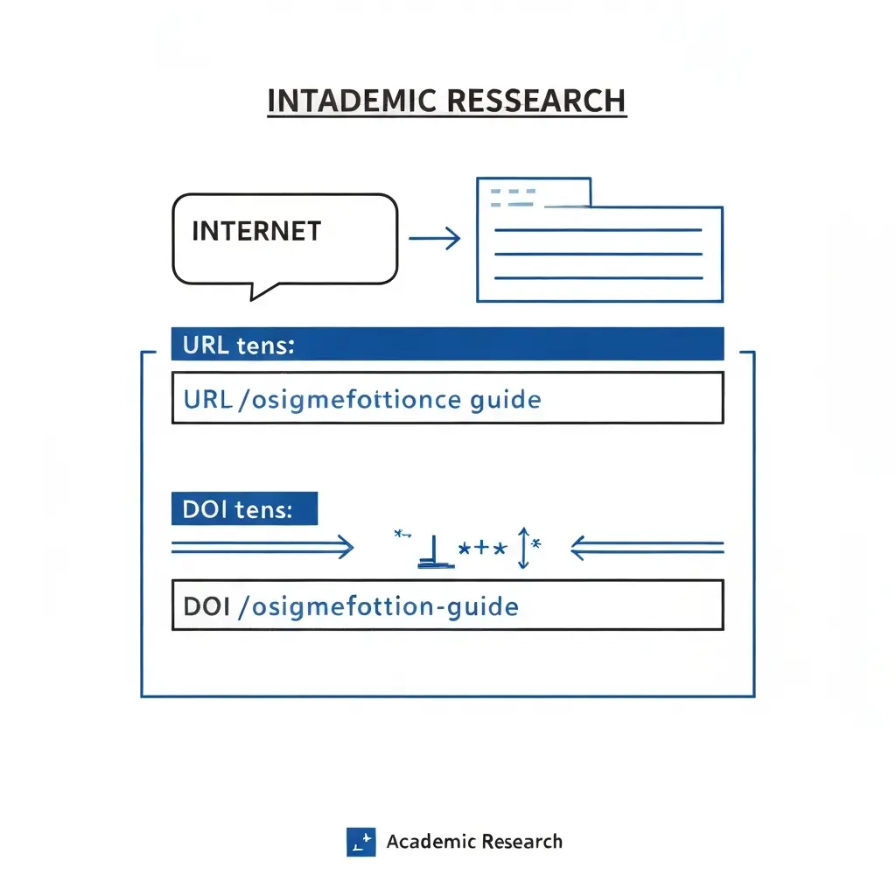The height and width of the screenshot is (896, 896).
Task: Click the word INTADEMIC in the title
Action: [352, 101]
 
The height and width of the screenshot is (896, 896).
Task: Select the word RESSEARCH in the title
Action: [536, 101]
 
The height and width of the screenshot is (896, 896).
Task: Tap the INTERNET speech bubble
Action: [284, 240]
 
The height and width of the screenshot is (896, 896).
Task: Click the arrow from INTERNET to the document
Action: [435, 238]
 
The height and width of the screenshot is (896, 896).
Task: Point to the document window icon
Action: [599, 240]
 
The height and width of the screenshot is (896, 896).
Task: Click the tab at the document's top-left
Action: [534, 192]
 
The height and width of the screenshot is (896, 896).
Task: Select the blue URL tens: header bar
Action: [447, 344]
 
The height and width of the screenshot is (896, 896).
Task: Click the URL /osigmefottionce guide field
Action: [447, 398]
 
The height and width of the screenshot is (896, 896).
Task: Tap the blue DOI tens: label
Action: [245, 508]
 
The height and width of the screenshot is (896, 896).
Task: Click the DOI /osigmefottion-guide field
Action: [447, 605]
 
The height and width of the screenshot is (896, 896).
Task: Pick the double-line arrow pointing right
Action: [262, 547]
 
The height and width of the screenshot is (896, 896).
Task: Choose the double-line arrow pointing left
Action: [647, 548]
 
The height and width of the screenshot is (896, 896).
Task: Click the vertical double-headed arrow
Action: [523, 548]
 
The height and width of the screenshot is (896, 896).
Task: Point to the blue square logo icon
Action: [361, 842]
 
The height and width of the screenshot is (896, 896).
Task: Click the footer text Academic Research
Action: [474, 842]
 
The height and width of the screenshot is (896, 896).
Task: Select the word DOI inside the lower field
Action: [206, 606]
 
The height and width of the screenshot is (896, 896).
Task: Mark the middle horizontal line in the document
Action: [598, 254]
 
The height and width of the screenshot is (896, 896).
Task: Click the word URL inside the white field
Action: [208, 399]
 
